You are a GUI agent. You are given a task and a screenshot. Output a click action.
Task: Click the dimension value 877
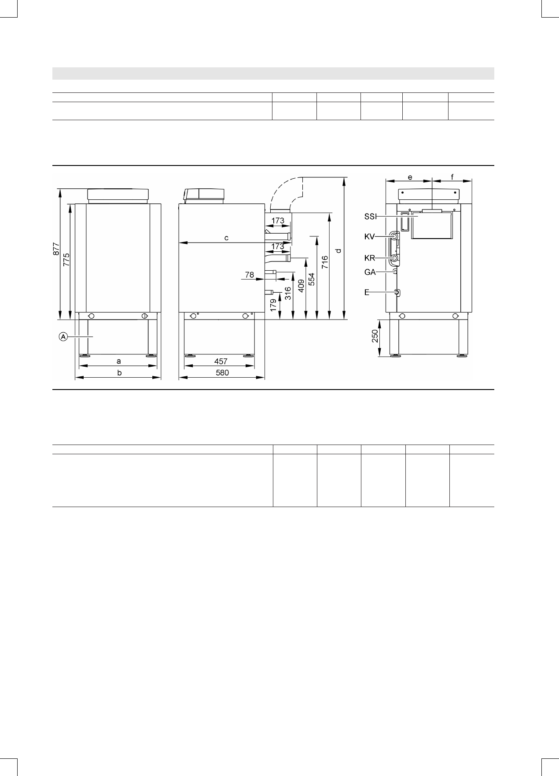[x=56, y=250]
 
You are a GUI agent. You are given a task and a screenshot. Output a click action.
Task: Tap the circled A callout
[x=63, y=337]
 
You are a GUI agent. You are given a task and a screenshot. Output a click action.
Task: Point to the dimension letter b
[x=119, y=373]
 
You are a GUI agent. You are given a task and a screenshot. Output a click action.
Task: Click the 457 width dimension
[x=221, y=361]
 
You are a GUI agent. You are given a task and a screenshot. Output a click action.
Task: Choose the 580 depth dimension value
[x=222, y=373]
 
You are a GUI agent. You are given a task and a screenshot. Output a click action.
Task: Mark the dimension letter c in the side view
[x=226, y=238]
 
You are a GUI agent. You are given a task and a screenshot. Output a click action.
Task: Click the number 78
[x=250, y=275]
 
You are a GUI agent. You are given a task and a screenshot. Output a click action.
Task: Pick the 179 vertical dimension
[x=274, y=305]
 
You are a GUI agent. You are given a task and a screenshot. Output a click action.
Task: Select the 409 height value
[x=302, y=287]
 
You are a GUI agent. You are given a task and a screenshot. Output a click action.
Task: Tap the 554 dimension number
[x=312, y=280]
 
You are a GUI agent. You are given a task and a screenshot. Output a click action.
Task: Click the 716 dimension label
[x=325, y=263]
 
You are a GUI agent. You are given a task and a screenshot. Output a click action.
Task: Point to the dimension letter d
[x=338, y=250]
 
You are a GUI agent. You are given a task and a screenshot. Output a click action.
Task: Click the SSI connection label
[x=371, y=217]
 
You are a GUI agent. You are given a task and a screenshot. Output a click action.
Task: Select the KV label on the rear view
[x=369, y=237]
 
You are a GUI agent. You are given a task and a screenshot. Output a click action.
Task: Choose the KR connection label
[x=369, y=258]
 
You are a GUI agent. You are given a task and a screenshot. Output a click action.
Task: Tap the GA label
[x=370, y=272]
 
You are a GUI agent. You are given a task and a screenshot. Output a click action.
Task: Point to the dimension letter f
[x=452, y=177]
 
